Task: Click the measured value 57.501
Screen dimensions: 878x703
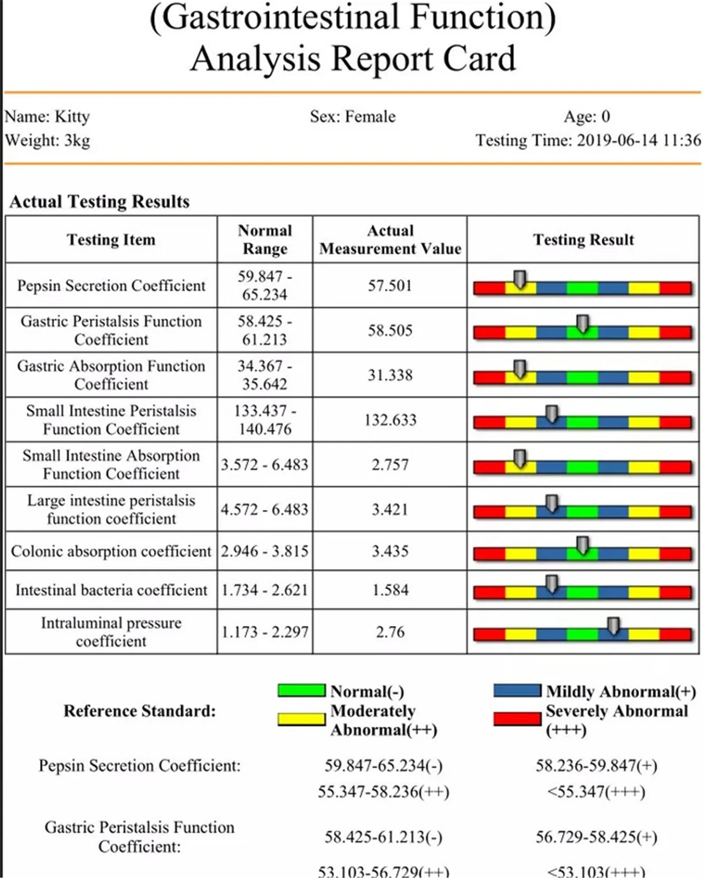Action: tap(390, 286)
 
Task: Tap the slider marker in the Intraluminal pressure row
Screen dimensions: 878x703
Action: tap(613, 626)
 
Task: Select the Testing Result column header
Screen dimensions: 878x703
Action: tap(583, 239)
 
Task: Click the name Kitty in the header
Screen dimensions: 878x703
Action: tap(72, 116)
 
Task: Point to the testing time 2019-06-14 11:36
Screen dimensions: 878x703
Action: tap(638, 140)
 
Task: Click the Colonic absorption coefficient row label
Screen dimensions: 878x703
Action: tap(111, 551)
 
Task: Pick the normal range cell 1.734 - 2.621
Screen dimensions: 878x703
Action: tap(265, 590)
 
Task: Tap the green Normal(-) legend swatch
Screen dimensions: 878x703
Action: tap(301, 690)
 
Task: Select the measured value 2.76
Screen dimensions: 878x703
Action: tap(390, 632)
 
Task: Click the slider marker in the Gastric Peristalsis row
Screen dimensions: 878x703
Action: tap(583, 323)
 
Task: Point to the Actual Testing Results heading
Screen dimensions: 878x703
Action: tap(99, 202)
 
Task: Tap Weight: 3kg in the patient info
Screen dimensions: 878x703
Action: tap(47, 141)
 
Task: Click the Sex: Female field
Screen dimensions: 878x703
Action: tap(352, 116)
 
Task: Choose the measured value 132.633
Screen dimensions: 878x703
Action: tap(390, 420)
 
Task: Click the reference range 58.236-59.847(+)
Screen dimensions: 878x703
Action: tap(596, 766)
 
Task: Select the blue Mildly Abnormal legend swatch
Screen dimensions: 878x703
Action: tap(517, 690)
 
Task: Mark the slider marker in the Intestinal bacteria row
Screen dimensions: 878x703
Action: tap(552, 584)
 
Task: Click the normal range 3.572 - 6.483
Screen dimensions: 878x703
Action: tap(265, 464)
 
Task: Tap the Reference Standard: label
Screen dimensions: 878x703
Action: tap(140, 711)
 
